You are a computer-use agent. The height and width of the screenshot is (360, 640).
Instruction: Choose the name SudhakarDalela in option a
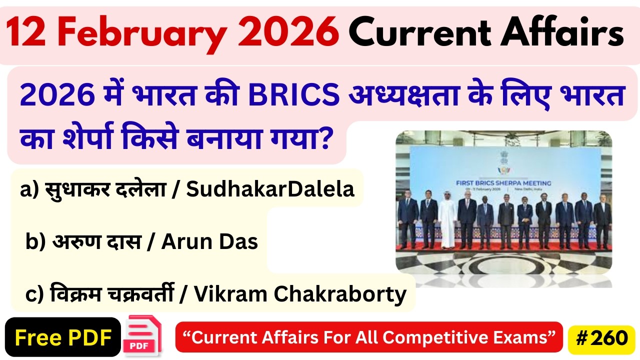pos(270,189)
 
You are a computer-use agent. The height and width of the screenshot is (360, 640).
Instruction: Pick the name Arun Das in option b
pos(209,242)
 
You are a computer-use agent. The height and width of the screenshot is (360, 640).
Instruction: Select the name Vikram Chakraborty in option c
pos(300,294)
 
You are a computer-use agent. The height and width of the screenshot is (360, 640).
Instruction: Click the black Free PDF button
pos(63,338)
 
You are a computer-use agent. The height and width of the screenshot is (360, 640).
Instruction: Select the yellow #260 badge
pos(601,338)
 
